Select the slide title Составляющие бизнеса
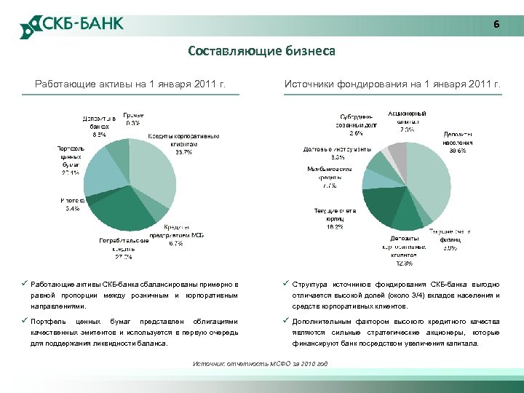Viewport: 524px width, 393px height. pos(261,51)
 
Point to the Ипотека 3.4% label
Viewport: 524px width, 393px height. pos(72,205)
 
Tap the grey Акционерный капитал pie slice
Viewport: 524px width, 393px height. pos(397,154)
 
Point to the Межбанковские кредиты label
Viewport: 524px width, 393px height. pos(329,177)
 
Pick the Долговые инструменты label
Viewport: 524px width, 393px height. pos(337,153)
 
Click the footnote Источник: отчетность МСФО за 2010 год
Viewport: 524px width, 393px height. pos(260,363)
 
